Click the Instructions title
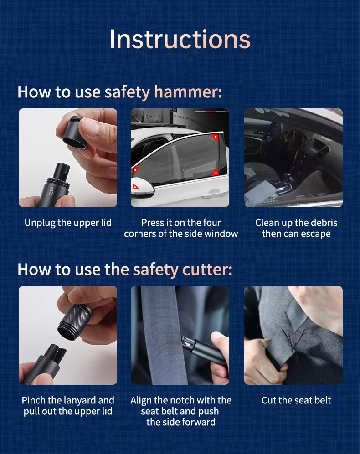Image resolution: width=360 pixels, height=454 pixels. pyautogui.click(x=180, y=39)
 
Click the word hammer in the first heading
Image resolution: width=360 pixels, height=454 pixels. pyautogui.click(x=188, y=92)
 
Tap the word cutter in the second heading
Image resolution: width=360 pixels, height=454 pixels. pyautogui.click(x=207, y=270)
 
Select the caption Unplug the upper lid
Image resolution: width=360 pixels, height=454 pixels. pyautogui.click(x=68, y=223)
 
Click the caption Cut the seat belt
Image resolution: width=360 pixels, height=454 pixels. pyautogui.click(x=296, y=400)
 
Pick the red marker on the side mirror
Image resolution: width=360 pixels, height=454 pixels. pyautogui.click(x=135, y=186)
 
